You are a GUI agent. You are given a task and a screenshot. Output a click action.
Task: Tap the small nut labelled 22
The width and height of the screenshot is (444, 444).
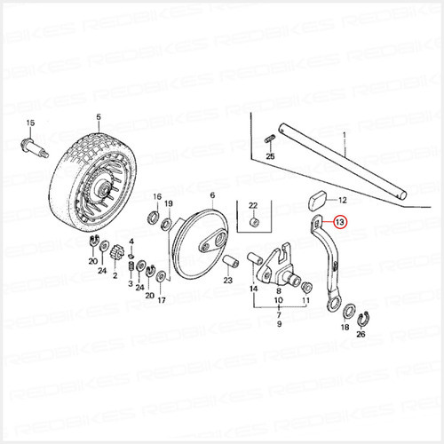[x=253, y=222]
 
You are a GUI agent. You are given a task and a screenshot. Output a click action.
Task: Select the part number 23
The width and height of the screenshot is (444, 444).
[x=228, y=280]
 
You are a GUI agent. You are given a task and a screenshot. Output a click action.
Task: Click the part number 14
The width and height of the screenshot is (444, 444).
[x=254, y=289]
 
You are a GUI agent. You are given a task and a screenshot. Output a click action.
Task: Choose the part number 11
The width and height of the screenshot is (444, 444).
[x=307, y=302]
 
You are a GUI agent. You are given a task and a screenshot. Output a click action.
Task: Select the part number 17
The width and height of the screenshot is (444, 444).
[x=161, y=301]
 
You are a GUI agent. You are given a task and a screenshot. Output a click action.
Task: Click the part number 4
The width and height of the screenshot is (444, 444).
[x=131, y=242]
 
